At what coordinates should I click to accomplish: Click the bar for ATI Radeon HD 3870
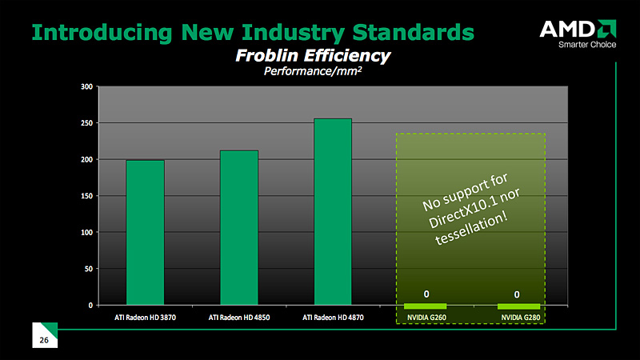[x=145, y=232]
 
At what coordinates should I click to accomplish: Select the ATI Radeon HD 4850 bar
[x=239, y=227]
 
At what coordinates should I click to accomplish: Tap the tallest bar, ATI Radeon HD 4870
[x=333, y=211]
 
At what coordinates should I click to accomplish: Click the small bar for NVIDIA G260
[x=426, y=306]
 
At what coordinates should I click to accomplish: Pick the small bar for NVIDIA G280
[x=518, y=306]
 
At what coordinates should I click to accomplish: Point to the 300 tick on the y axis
[x=86, y=86]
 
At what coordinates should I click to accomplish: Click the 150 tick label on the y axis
[x=86, y=196]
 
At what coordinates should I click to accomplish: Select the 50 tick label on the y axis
[x=87, y=269]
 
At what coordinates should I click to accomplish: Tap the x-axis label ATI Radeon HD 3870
[x=145, y=318]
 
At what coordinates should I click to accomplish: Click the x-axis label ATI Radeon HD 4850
[x=239, y=318]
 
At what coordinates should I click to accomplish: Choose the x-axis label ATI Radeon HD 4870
[x=333, y=318]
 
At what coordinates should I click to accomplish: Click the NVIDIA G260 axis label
[x=426, y=318]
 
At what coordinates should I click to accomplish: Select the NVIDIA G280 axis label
[x=518, y=318]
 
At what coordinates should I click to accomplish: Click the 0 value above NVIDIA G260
[x=426, y=294]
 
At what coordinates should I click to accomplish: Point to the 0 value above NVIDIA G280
[x=518, y=294]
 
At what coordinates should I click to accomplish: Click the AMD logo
[x=575, y=30]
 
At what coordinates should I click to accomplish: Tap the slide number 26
[x=44, y=341]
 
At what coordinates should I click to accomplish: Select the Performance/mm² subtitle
[x=313, y=71]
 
